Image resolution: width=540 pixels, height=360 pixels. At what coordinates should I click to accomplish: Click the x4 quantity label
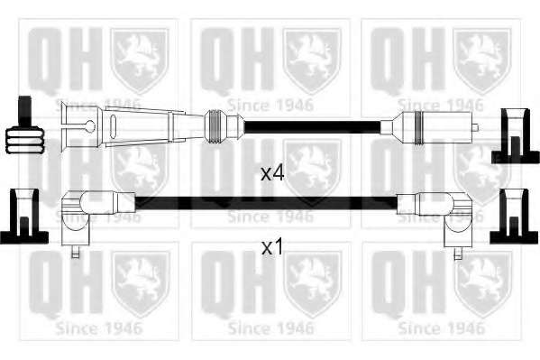pyautogui.click(x=272, y=173)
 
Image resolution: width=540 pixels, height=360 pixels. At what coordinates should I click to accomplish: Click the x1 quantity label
pyautogui.click(x=272, y=247)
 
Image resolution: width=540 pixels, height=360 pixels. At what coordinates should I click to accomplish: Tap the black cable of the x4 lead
pyautogui.click(x=313, y=127)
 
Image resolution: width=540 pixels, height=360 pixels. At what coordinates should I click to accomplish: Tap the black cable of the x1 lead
pyautogui.click(x=266, y=203)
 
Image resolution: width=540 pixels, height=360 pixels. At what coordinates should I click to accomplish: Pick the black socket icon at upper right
pyautogui.click(x=515, y=136)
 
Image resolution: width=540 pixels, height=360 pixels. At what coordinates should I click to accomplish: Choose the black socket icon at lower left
pyautogui.click(x=23, y=217)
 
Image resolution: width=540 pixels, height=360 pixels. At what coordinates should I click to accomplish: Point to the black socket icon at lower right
pyautogui.click(x=514, y=217)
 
